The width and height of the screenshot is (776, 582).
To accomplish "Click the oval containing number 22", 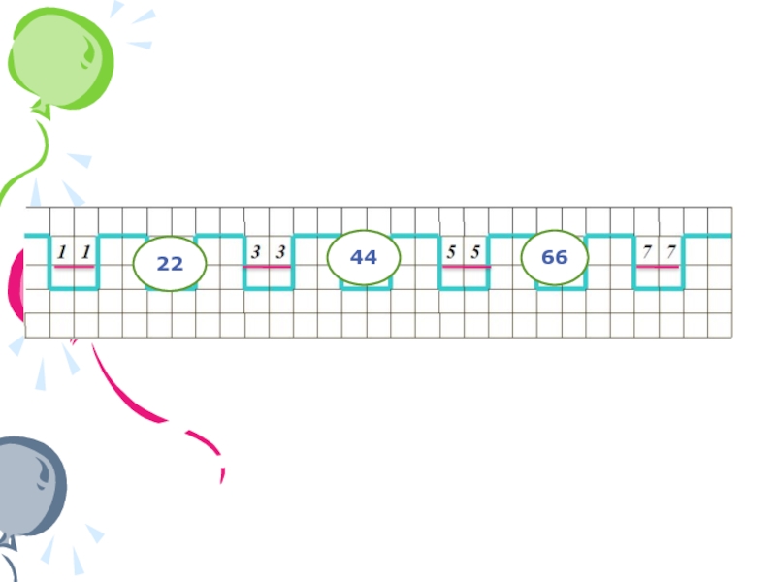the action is pyautogui.click(x=170, y=264).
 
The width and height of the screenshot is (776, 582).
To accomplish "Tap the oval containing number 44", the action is pyautogui.click(x=364, y=258).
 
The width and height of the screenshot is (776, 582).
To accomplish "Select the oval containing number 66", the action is pyautogui.click(x=555, y=258).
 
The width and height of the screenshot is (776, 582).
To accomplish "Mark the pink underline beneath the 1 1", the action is pyautogui.click(x=74, y=266).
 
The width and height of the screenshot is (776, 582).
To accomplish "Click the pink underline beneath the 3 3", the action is pyautogui.click(x=268, y=266).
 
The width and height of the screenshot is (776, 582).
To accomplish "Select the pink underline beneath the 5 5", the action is pyautogui.click(x=464, y=266).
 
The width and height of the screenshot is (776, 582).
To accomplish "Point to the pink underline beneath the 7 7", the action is pyautogui.click(x=658, y=266).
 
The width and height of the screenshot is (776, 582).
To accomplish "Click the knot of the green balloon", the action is pyautogui.click(x=41, y=110).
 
